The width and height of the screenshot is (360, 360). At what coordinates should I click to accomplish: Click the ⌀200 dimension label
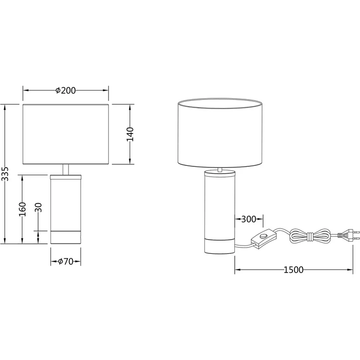point(66,90)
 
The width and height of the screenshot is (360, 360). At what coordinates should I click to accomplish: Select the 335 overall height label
point(5,174)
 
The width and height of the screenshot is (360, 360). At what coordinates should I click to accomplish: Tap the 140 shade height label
point(130,134)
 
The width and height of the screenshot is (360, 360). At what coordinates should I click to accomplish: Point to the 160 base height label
point(22,209)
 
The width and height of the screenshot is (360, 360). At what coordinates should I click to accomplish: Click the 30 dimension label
point(39,207)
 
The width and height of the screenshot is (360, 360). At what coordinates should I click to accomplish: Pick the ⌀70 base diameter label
point(66,261)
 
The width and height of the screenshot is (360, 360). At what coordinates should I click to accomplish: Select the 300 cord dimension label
point(248,219)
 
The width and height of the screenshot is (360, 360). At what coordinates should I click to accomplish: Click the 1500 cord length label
point(293,270)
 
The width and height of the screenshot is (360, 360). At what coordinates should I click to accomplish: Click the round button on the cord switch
point(263,236)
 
